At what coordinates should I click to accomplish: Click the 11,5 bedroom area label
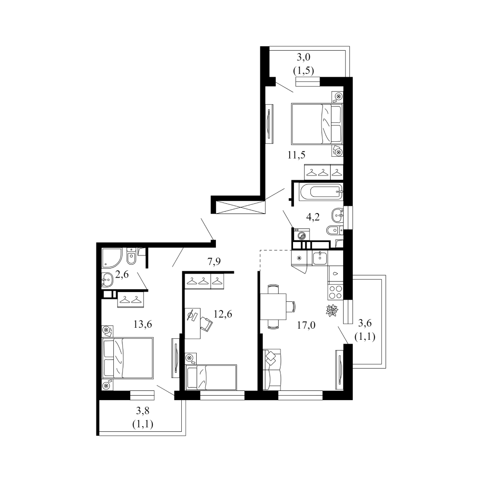click(296, 155)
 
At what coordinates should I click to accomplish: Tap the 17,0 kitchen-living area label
click(306, 325)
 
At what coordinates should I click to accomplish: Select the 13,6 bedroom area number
click(143, 324)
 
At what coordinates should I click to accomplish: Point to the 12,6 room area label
click(223, 314)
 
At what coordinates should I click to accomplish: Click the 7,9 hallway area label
click(214, 262)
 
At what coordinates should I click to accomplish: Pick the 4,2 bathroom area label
click(313, 217)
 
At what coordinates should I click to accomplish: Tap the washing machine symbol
click(302, 234)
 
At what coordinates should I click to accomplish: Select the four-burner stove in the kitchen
click(335, 292)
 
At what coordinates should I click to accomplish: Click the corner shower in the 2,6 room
click(111, 257)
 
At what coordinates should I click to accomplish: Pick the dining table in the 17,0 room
click(273, 307)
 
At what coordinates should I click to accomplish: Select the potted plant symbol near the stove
click(332, 310)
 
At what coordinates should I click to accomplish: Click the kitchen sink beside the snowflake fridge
click(321, 258)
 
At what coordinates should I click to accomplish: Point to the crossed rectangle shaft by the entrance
click(240, 207)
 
